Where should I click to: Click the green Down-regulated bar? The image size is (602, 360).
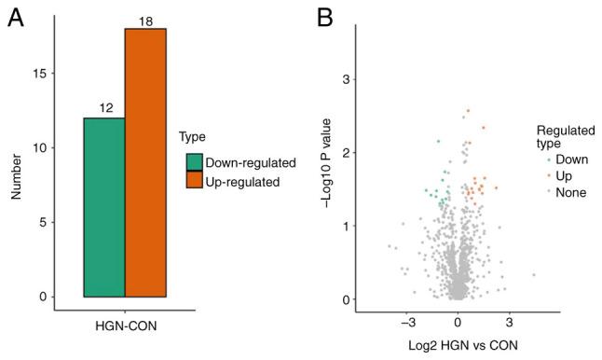tap(103, 207)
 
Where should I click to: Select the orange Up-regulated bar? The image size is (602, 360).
tap(145, 162)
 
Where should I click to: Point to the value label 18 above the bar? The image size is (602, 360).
tap(145, 20)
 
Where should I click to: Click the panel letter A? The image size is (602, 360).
tap(14, 20)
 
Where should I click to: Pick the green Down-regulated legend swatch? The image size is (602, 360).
tap(194, 162)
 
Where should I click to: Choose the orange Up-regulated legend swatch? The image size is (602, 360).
tap(194, 181)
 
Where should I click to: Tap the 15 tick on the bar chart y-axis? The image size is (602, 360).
tap(37, 74)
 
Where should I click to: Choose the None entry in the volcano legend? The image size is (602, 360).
tap(571, 192)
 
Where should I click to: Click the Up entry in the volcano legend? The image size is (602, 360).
tap(566, 175)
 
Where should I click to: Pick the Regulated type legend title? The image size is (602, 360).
tap(562, 136)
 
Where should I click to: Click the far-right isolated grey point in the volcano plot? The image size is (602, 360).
tap(534, 275)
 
